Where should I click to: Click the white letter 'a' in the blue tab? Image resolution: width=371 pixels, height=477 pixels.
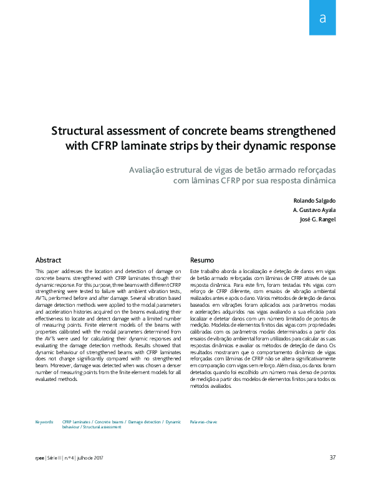(322, 18)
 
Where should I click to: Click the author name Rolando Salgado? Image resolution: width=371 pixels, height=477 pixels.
(314, 201)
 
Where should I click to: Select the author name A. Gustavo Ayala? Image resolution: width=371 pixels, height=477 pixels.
(314, 210)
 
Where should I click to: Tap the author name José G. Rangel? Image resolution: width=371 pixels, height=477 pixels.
(317, 219)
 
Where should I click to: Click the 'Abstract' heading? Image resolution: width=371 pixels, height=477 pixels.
(49, 259)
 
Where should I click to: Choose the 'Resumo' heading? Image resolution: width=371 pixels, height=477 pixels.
(202, 259)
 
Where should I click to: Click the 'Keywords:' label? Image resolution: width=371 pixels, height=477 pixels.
(44, 422)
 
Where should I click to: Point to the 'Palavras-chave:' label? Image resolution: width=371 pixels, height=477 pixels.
(204, 422)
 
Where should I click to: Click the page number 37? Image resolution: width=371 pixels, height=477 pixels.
(332, 458)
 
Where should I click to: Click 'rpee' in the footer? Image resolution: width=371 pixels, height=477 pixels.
(41, 458)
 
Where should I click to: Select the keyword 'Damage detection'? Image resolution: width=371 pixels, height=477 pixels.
(145, 422)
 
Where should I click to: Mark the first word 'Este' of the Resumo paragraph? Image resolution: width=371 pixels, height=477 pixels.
(195, 272)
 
